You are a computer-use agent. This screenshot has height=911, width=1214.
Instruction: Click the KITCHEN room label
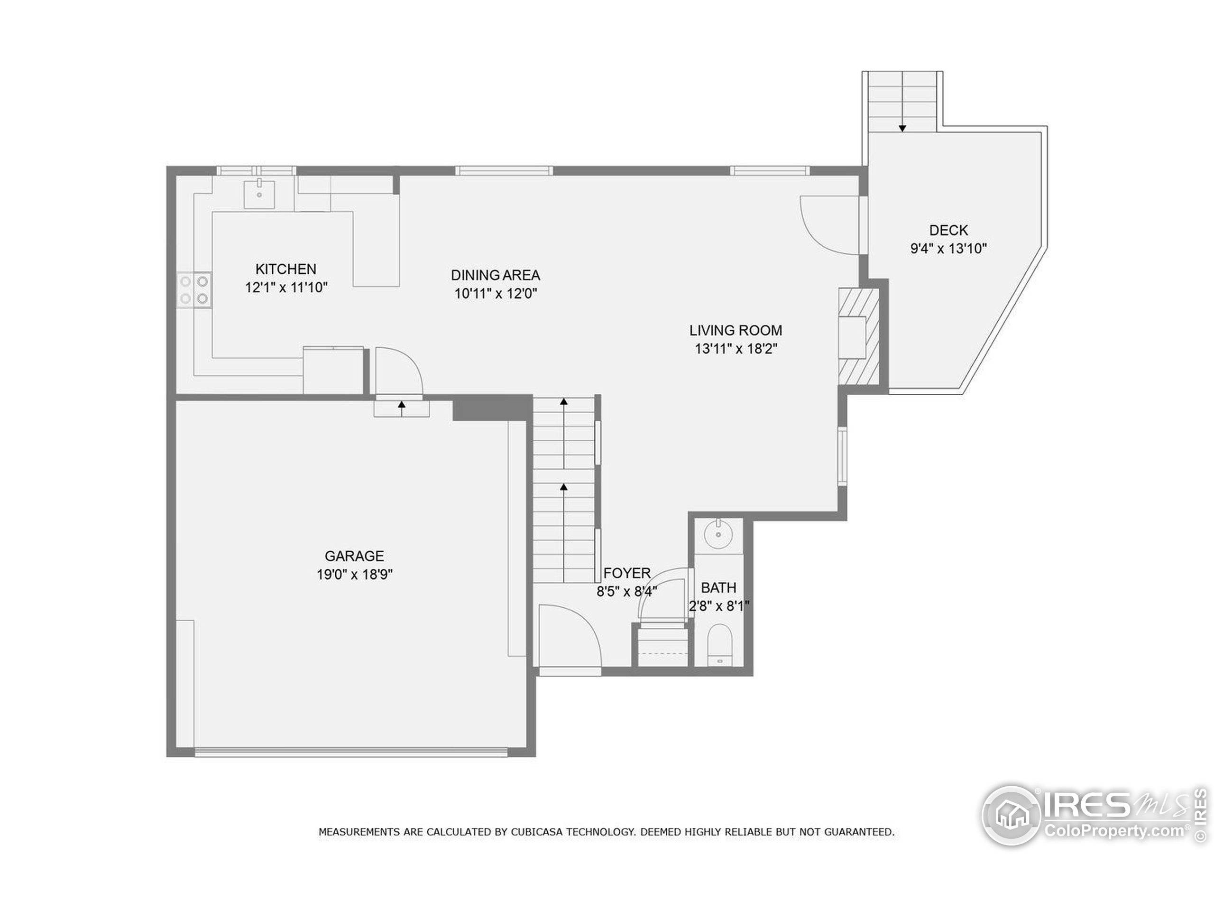(285, 269)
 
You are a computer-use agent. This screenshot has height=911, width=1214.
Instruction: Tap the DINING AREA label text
(495, 275)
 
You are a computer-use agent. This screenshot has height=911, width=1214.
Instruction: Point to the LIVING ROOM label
(736, 331)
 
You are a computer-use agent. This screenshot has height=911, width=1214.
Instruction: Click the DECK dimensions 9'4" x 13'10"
(948, 248)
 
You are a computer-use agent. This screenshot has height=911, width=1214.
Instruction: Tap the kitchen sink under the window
(259, 194)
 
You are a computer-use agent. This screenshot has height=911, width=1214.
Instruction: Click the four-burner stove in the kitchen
(194, 290)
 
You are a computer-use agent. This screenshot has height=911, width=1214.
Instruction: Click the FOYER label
(627, 573)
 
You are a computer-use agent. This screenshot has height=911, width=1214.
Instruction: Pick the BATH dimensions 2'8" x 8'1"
(718, 606)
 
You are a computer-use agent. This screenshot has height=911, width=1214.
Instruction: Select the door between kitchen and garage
(398, 371)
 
